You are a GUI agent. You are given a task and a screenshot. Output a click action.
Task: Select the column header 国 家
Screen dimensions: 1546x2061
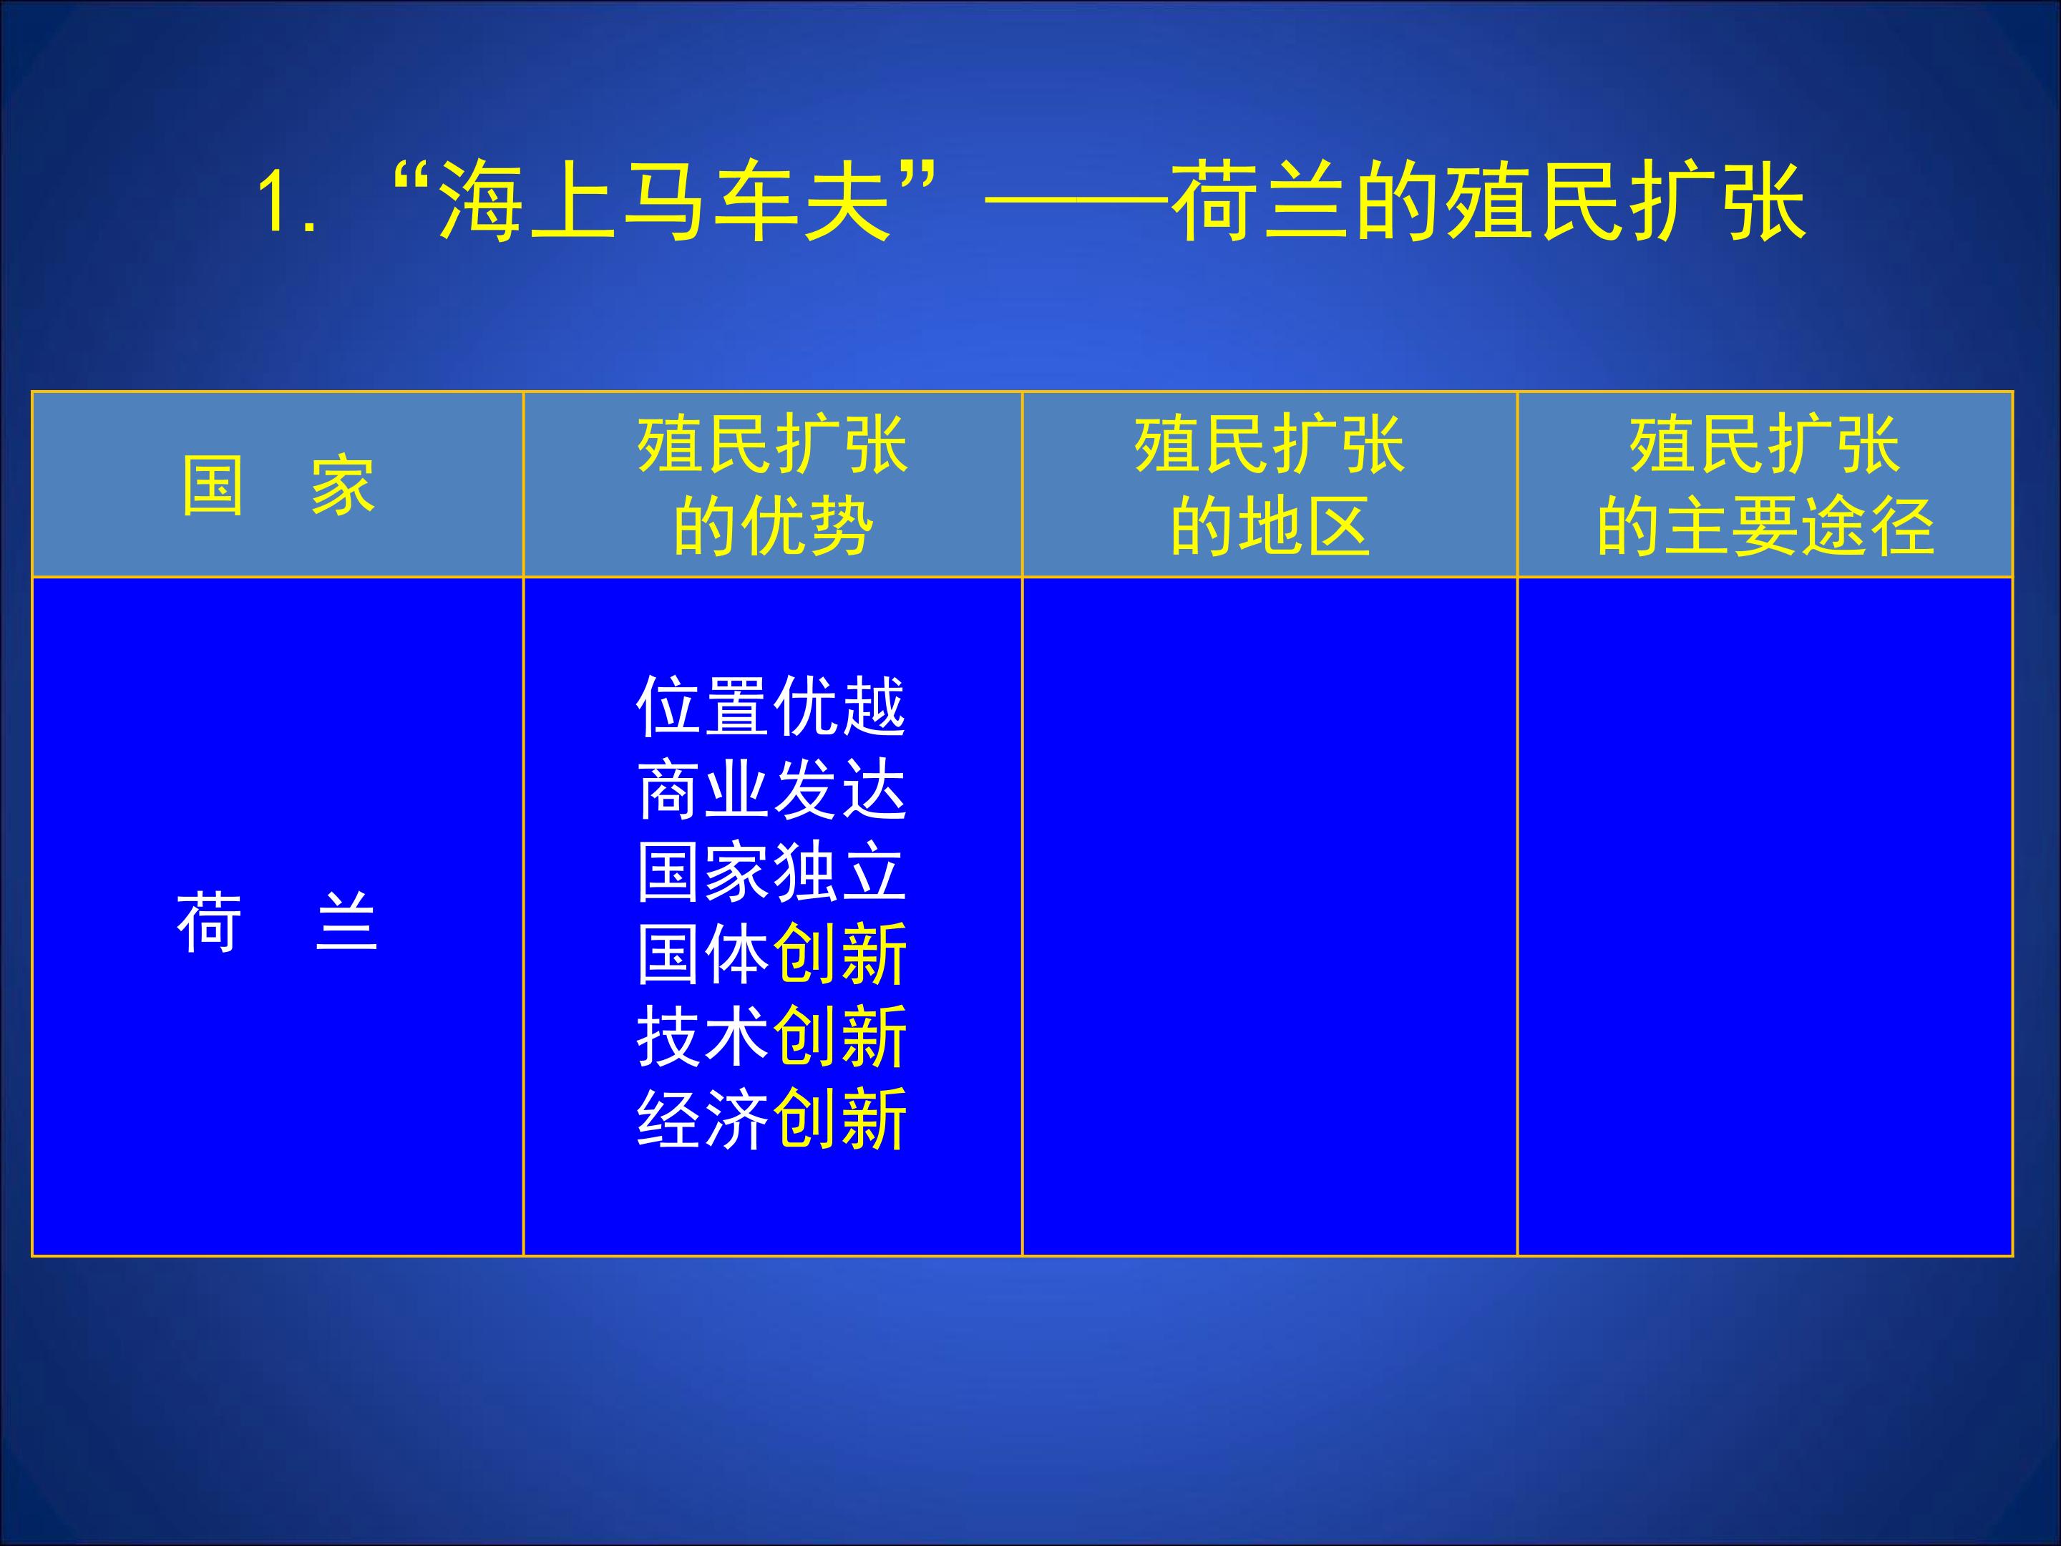coord(278,485)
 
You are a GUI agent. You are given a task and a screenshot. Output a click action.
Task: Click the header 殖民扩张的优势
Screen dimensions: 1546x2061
coord(772,485)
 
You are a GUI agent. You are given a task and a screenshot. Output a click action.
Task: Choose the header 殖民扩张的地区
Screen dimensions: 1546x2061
coord(1269,485)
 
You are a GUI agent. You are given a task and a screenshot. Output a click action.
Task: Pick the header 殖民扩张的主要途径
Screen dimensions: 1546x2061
coord(1765,485)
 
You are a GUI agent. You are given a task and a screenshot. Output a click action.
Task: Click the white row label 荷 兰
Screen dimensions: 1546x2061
coord(278,923)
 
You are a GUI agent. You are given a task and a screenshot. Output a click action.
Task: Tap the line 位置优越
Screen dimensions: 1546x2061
coord(771,706)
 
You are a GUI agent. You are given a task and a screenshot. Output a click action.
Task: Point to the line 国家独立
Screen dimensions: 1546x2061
coord(771,871)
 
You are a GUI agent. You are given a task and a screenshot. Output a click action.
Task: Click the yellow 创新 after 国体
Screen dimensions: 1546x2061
coord(840,954)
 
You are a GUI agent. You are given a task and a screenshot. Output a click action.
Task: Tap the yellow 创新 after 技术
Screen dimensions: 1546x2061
coord(840,1036)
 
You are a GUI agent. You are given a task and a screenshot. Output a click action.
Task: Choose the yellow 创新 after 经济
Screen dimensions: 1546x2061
coord(840,1118)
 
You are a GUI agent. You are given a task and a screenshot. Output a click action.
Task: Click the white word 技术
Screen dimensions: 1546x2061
coord(703,1036)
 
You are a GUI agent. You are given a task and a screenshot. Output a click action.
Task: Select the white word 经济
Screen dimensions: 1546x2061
coord(703,1118)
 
